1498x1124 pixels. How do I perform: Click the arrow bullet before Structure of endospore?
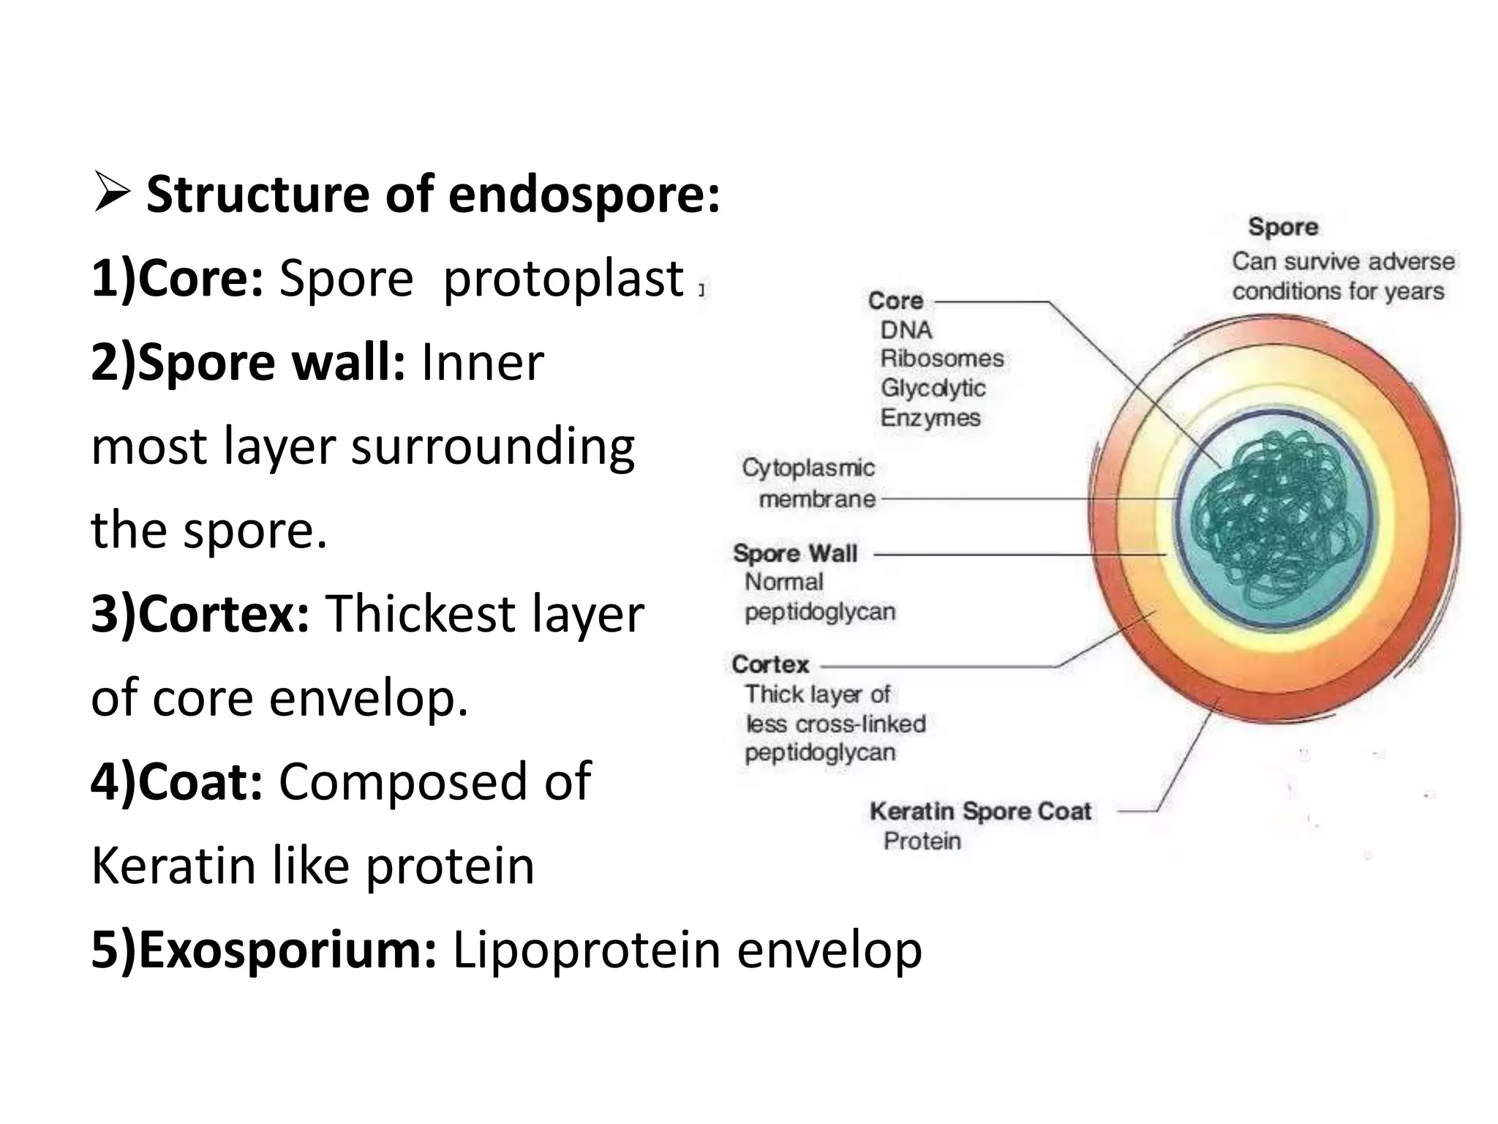pyautogui.click(x=111, y=195)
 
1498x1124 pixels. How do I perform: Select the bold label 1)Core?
pyautogui.click(x=176, y=280)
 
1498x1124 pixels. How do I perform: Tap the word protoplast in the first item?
pyautogui.click(x=563, y=280)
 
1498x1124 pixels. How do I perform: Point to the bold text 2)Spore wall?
pyautogui.click(x=247, y=363)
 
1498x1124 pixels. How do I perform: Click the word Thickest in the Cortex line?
pyautogui.click(x=419, y=614)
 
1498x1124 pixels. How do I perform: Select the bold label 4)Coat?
pyautogui.click(x=176, y=782)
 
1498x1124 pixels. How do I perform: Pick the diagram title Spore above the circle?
pyautogui.click(x=1283, y=227)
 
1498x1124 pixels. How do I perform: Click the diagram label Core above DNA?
pyautogui.click(x=895, y=301)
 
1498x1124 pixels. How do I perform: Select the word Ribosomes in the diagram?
pyautogui.click(x=941, y=359)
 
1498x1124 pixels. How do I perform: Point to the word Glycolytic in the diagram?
pyautogui.click(x=933, y=388)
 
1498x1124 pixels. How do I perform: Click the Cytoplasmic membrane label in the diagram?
pyautogui.click(x=808, y=483)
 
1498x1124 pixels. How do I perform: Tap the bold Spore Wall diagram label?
pyautogui.click(x=795, y=553)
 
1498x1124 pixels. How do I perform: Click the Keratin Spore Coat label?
pyautogui.click(x=980, y=812)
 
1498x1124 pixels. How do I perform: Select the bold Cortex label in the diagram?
pyautogui.click(x=770, y=664)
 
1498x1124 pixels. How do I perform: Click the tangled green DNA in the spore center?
pyautogui.click(x=1276, y=520)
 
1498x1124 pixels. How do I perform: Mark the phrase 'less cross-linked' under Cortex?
pyautogui.click(x=835, y=724)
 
